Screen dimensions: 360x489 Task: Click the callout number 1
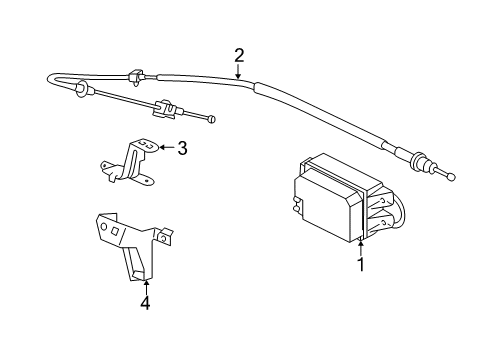coord(360,266)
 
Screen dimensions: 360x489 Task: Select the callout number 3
coord(182,149)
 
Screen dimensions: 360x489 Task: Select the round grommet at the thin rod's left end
coord(81,95)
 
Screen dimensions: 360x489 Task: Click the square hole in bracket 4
coord(116,231)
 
